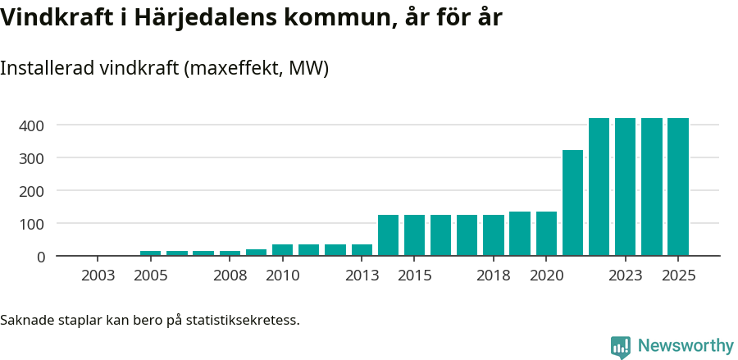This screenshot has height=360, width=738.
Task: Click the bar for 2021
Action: (572, 203)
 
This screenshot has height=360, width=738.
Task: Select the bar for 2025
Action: (678, 187)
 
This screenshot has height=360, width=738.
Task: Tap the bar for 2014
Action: (388, 235)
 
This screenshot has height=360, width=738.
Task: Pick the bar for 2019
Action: (520, 234)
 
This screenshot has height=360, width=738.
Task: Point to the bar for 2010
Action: (282, 250)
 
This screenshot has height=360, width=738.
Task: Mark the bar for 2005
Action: (151, 253)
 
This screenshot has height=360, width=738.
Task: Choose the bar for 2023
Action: (626, 187)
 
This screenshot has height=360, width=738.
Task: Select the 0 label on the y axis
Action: (40, 257)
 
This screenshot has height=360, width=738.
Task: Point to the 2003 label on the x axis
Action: (98, 276)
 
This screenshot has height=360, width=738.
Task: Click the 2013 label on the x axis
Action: (362, 276)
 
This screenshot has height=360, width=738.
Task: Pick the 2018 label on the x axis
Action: (494, 276)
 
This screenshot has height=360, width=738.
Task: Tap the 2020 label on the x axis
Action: (546, 276)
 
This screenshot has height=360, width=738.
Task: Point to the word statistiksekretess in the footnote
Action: (243, 319)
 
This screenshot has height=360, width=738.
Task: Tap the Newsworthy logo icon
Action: (621, 347)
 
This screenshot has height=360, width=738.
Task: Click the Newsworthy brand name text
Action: (686, 346)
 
